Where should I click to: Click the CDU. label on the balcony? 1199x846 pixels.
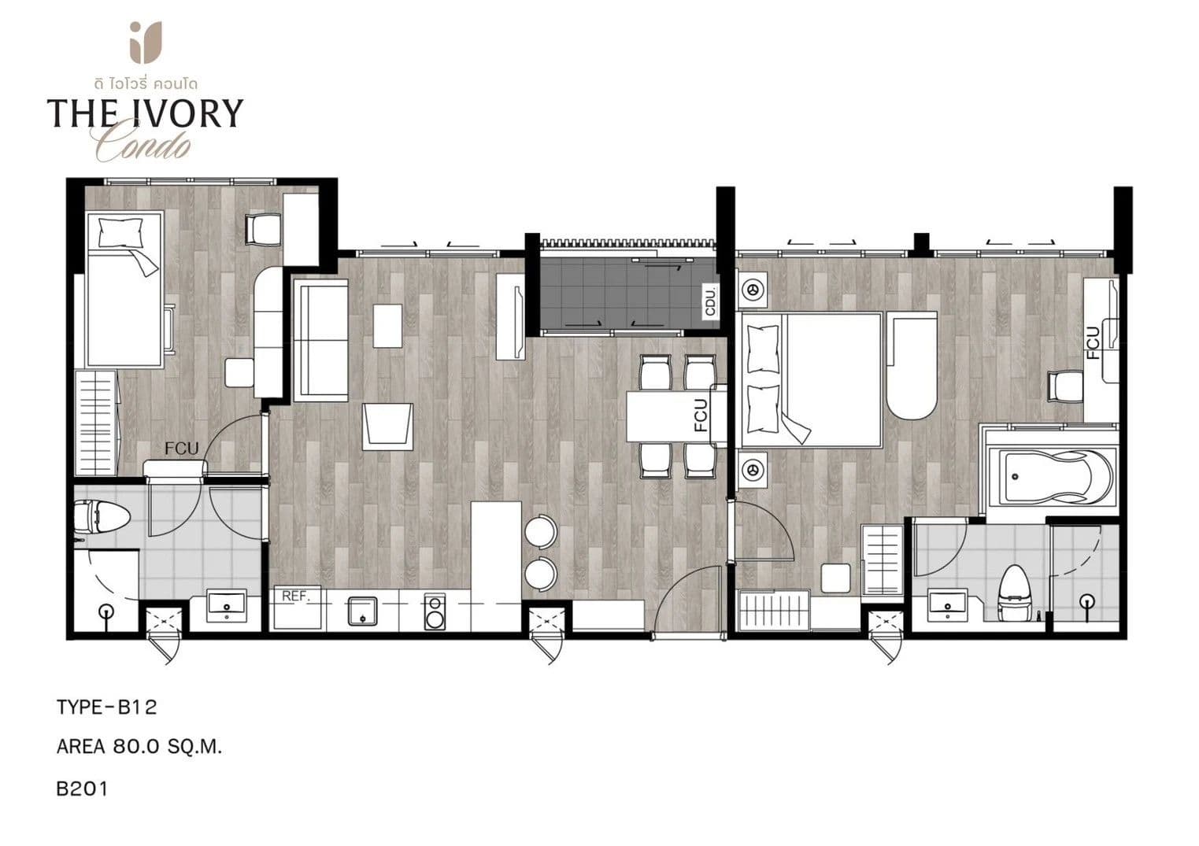click(711, 302)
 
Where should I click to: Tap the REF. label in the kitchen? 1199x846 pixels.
click(296, 596)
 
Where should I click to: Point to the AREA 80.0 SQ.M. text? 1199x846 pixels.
click(139, 747)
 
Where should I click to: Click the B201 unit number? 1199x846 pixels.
click(82, 789)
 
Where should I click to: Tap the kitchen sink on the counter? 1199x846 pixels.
click(362, 611)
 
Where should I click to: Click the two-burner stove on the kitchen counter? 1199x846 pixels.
click(435, 611)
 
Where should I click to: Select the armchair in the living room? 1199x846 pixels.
click(387, 427)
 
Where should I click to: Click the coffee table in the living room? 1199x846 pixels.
click(387, 326)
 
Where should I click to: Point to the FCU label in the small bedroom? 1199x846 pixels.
click(181, 449)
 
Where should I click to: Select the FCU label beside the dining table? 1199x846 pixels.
click(701, 416)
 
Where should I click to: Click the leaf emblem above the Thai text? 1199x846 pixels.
click(146, 42)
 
